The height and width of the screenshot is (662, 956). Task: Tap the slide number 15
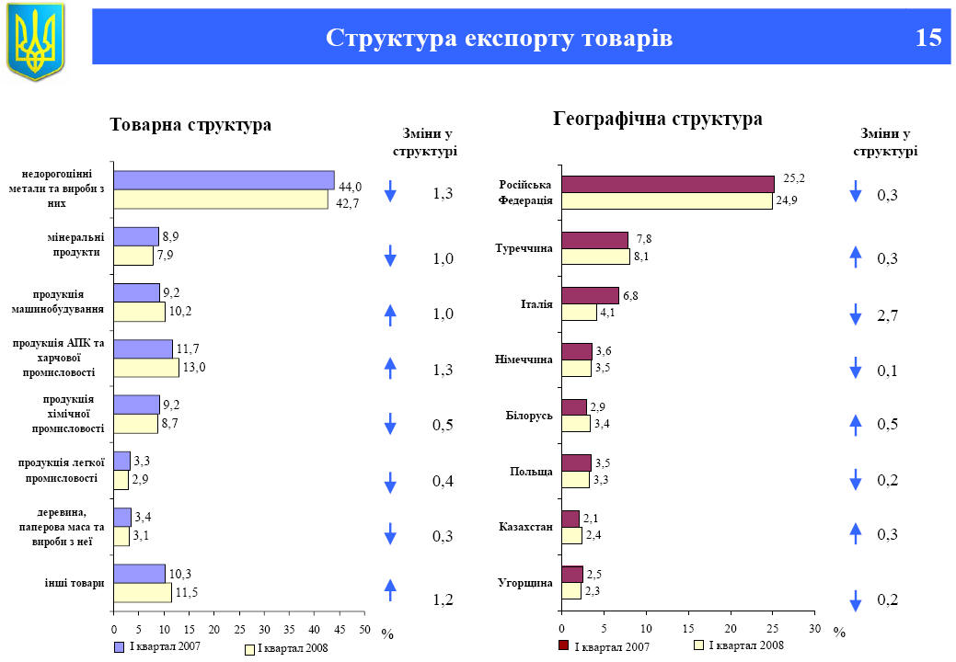[928, 38]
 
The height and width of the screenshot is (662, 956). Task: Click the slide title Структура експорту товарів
[499, 38]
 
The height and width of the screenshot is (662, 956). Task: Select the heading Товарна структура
[190, 124]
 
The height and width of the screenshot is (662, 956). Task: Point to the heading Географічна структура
[657, 119]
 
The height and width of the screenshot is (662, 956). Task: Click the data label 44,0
[350, 185]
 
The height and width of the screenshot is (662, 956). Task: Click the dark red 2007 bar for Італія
[590, 295]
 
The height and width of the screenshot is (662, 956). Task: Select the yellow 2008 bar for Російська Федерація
[667, 200]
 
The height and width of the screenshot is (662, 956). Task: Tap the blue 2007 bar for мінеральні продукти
[136, 236]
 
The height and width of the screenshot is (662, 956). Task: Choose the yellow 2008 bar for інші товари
[143, 592]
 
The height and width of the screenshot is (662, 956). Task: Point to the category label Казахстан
[525, 527]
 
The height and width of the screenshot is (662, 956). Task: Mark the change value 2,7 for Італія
[888, 315]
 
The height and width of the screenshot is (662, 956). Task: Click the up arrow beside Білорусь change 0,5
[855, 424]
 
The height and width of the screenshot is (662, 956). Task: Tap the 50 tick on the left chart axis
[364, 630]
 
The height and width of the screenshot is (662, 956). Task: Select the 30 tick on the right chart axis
[813, 630]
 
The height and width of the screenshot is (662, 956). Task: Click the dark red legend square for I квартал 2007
[564, 645]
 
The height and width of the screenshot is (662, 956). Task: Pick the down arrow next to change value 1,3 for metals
[390, 192]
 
